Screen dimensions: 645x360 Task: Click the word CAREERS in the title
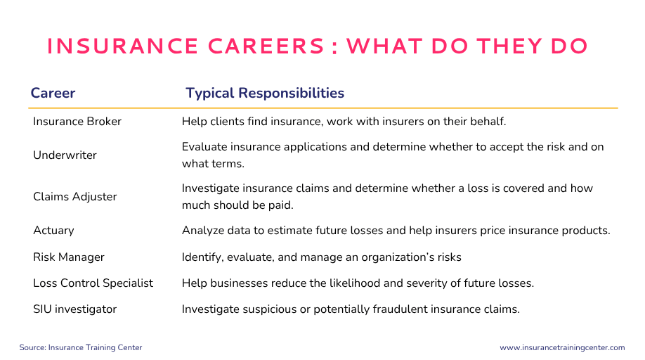click(266, 46)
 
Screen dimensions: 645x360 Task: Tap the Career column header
click(53, 93)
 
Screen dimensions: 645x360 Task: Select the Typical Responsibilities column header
click(265, 94)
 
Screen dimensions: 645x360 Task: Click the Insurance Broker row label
click(77, 122)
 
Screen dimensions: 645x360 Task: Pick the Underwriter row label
click(65, 155)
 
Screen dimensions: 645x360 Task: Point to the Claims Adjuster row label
click(75, 197)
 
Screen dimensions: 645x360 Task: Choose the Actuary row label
click(53, 231)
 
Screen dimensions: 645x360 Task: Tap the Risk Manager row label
click(69, 257)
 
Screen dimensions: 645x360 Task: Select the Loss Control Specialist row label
click(93, 283)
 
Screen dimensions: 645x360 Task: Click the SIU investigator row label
click(75, 309)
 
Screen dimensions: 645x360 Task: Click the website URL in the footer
click(562, 347)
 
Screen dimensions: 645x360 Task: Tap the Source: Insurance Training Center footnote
click(81, 347)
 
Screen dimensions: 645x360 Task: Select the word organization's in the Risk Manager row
click(394, 257)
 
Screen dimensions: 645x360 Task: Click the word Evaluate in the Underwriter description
click(204, 147)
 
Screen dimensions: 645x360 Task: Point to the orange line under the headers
click(323, 108)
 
